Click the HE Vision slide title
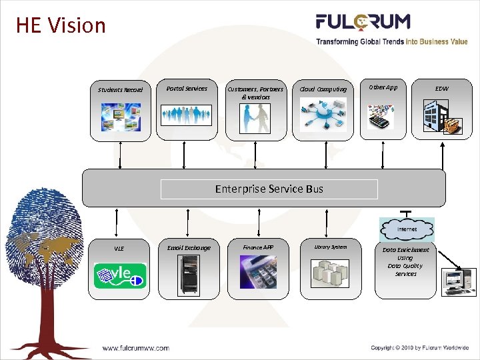tap(61, 25)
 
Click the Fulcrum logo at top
tap(363, 23)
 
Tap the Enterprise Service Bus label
tap(269, 189)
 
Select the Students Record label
tap(121, 89)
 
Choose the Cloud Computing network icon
tap(323, 114)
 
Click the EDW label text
tap(442, 88)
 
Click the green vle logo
tap(119, 275)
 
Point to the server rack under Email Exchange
tap(188, 275)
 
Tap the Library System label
tap(331, 247)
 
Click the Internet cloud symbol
tap(407, 229)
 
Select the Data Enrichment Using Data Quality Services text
tap(405, 261)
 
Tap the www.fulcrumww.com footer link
tap(135, 347)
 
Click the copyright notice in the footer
tap(420, 347)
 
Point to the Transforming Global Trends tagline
tap(392, 41)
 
